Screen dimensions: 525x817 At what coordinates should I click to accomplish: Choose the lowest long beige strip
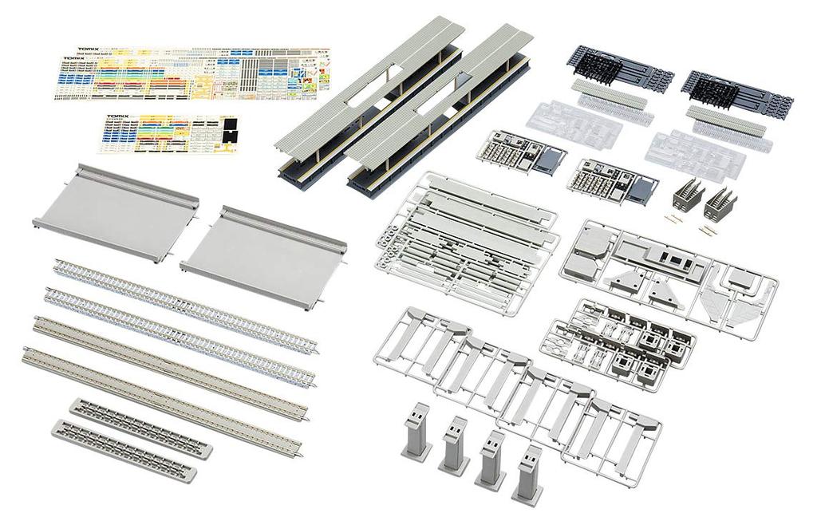click(x=164, y=392)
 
